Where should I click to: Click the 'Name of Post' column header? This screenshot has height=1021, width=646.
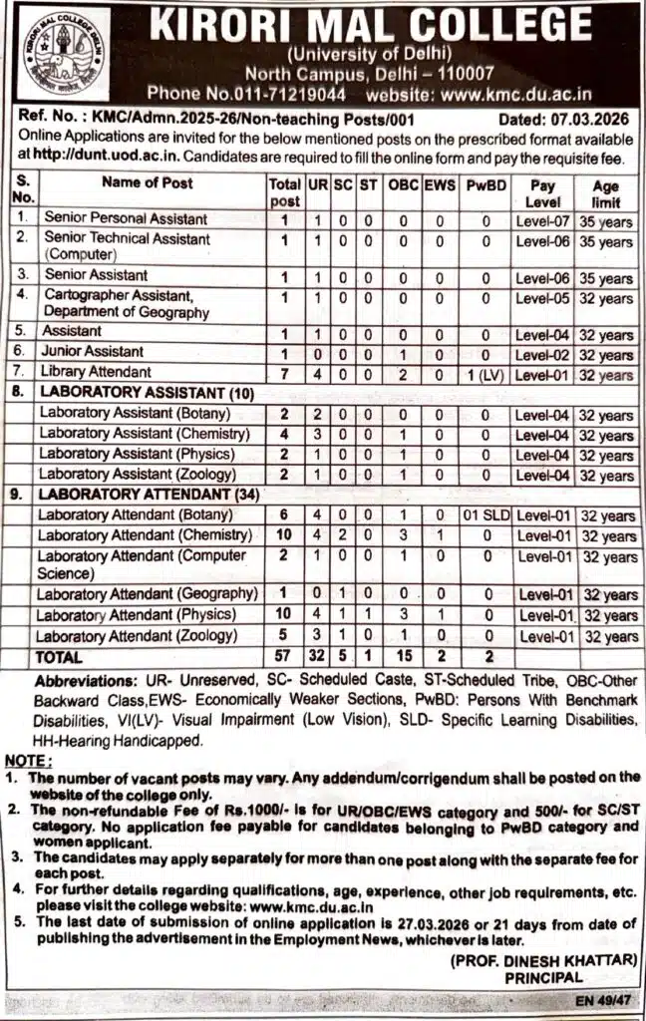click(x=148, y=182)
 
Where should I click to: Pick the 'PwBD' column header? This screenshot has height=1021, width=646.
click(x=485, y=185)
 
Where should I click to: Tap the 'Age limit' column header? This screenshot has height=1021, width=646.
click(x=605, y=193)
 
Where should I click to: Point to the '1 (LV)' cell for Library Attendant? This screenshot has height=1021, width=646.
click(x=484, y=374)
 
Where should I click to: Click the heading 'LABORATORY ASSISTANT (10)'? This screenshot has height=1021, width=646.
click(x=147, y=394)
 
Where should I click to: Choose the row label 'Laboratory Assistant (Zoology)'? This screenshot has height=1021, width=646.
click(x=137, y=475)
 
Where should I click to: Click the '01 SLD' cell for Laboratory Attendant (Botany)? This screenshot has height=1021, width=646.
click(x=485, y=515)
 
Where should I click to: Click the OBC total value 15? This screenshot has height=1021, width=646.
click(x=403, y=658)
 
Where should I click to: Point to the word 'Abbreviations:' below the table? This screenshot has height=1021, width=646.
click(x=80, y=680)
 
